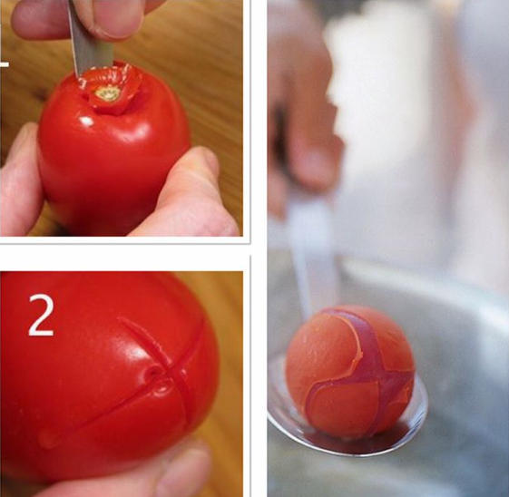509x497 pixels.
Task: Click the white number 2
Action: tap(41, 315)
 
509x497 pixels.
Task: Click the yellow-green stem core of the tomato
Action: tap(106, 94)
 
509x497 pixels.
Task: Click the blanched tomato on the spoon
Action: tap(350, 371)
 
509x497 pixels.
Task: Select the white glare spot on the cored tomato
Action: tap(87, 122)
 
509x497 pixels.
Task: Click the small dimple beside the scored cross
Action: tap(152, 373)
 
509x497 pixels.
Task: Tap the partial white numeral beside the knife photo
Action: tap(5, 64)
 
